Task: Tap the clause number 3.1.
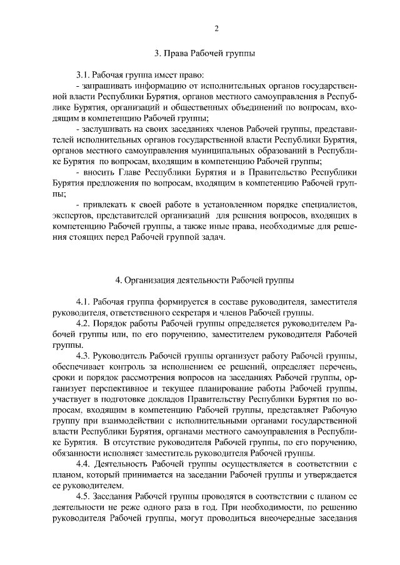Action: tap(83, 74)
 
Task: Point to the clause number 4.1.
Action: tap(83, 302)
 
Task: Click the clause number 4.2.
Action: tap(83, 324)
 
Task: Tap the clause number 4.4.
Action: tap(83, 466)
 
